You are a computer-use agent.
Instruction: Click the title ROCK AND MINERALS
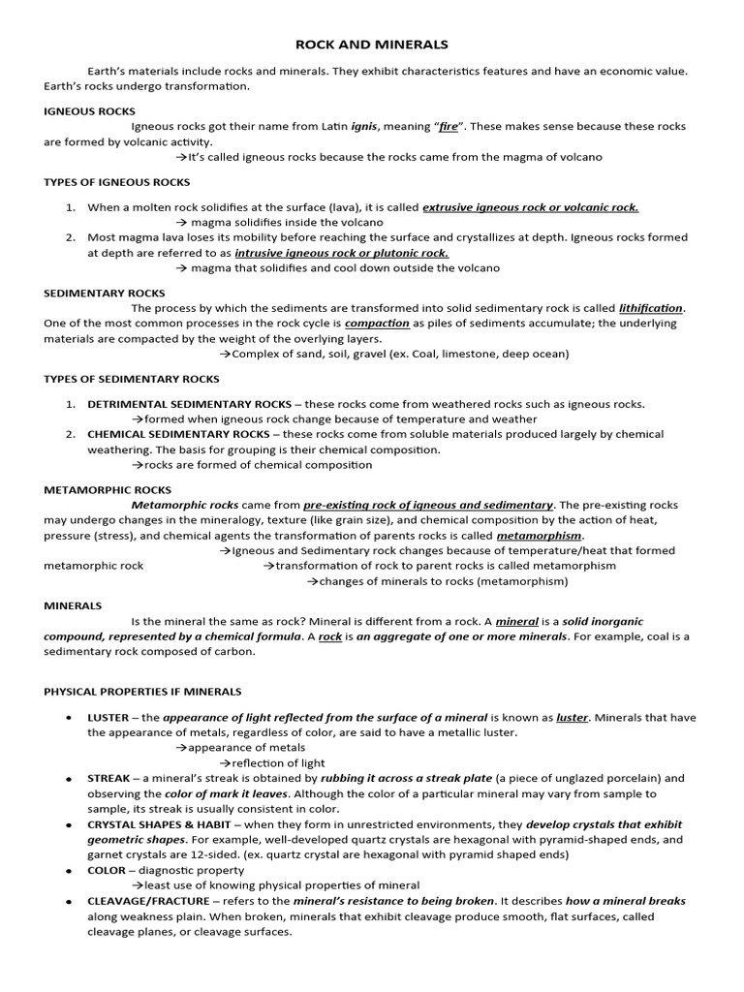point(372,45)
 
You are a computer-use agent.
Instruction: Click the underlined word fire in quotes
point(449,127)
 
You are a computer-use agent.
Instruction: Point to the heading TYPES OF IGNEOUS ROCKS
point(117,182)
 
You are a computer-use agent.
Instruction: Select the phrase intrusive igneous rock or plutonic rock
point(342,253)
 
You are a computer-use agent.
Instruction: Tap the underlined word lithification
point(651,308)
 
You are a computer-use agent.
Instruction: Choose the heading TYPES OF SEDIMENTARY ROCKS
point(132,379)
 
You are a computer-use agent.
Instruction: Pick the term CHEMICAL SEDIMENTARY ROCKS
point(178,434)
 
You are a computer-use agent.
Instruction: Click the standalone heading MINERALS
point(73,605)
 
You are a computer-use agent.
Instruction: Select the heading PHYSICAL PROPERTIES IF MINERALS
point(142,692)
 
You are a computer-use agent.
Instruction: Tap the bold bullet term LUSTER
point(108,718)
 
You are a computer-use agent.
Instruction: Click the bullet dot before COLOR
point(67,870)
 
